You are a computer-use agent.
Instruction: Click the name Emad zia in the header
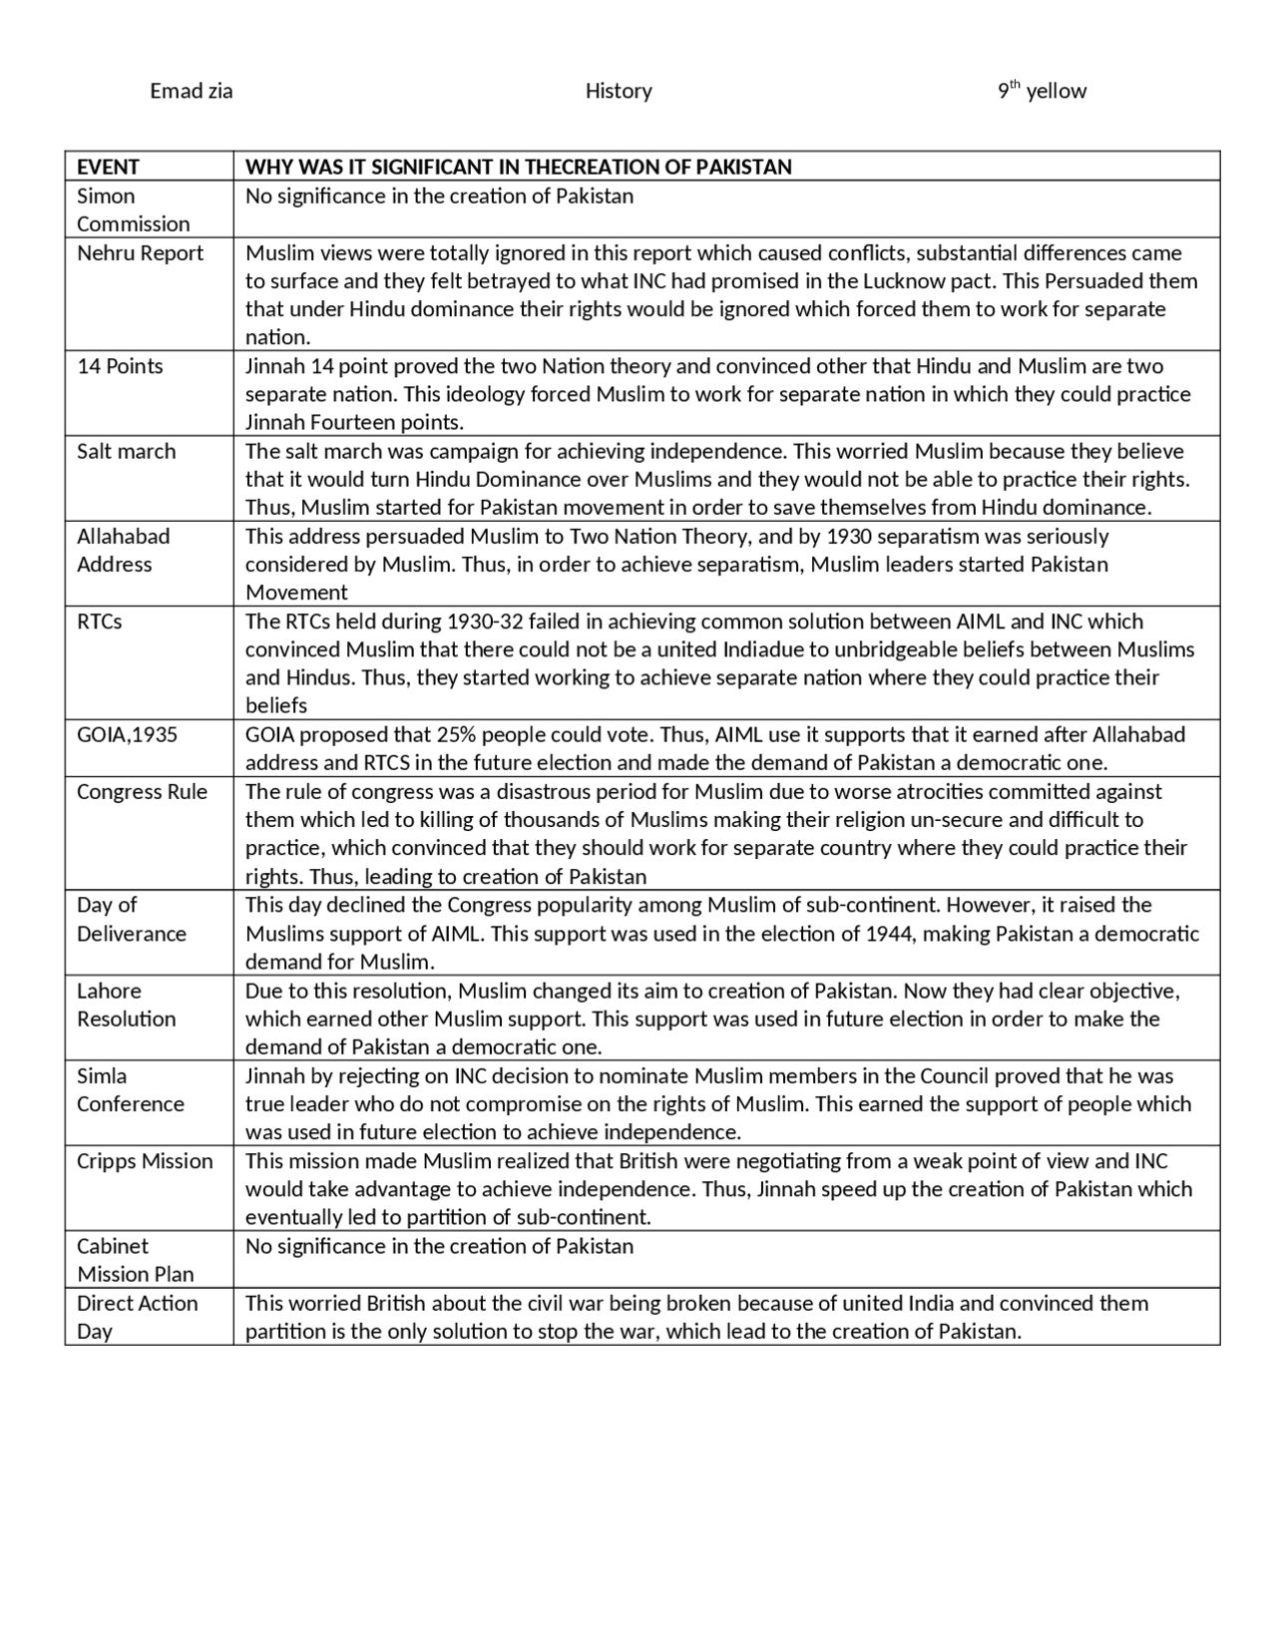point(191,91)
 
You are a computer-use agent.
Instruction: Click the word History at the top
point(619,91)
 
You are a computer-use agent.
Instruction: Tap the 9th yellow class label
point(1042,91)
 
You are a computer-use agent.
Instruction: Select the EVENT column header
point(108,167)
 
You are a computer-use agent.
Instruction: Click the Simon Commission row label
point(133,209)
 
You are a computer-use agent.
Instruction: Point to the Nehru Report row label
point(140,253)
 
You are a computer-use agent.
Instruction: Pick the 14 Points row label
point(120,366)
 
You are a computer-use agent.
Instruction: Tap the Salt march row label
point(126,451)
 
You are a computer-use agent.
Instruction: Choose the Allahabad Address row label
point(123,550)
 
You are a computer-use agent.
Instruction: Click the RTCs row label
point(100,621)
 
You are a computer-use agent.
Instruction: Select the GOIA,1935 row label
point(127,735)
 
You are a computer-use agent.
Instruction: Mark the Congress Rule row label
point(142,792)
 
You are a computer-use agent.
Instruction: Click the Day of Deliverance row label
point(131,919)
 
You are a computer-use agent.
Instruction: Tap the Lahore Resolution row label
point(126,1005)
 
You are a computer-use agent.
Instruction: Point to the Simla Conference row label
point(130,1089)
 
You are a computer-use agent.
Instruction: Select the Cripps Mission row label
point(145,1161)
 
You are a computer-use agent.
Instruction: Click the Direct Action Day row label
point(137,1317)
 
